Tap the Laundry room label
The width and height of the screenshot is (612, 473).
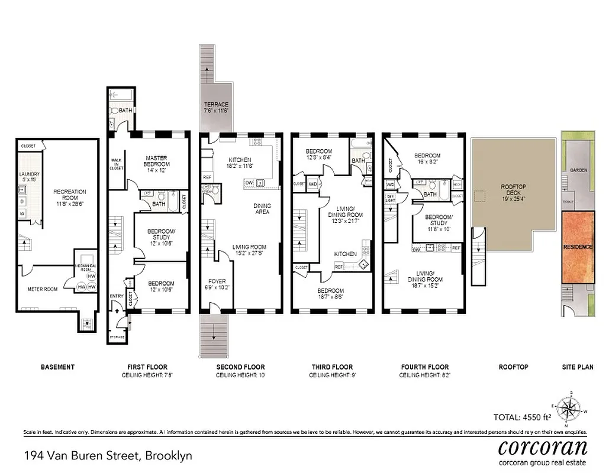29,176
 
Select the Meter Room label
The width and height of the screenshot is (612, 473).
43,289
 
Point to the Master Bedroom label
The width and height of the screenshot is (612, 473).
157,161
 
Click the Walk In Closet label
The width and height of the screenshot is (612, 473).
117,164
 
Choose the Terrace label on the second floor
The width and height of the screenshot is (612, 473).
215,108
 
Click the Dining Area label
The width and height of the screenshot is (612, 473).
262,208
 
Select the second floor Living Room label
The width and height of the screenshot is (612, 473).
249,250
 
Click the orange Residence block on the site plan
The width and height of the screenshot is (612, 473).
578,247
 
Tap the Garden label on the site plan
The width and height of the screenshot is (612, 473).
578,170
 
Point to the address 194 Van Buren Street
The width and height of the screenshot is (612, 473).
108,456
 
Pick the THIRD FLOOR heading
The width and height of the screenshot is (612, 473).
332,367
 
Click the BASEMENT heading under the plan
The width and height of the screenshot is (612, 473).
57,367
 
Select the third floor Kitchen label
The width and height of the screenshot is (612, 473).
345,254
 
